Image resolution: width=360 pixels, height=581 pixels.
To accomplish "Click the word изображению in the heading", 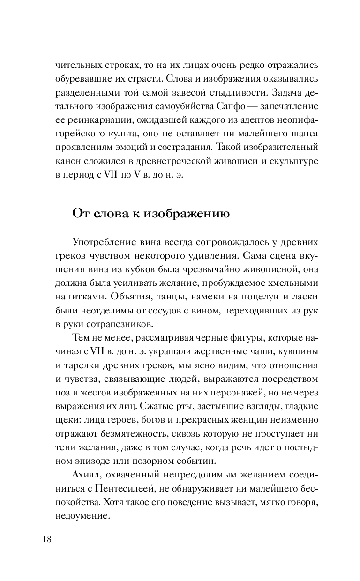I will (x=187, y=214).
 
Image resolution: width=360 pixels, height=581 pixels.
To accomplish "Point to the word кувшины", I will (x=299, y=350).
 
